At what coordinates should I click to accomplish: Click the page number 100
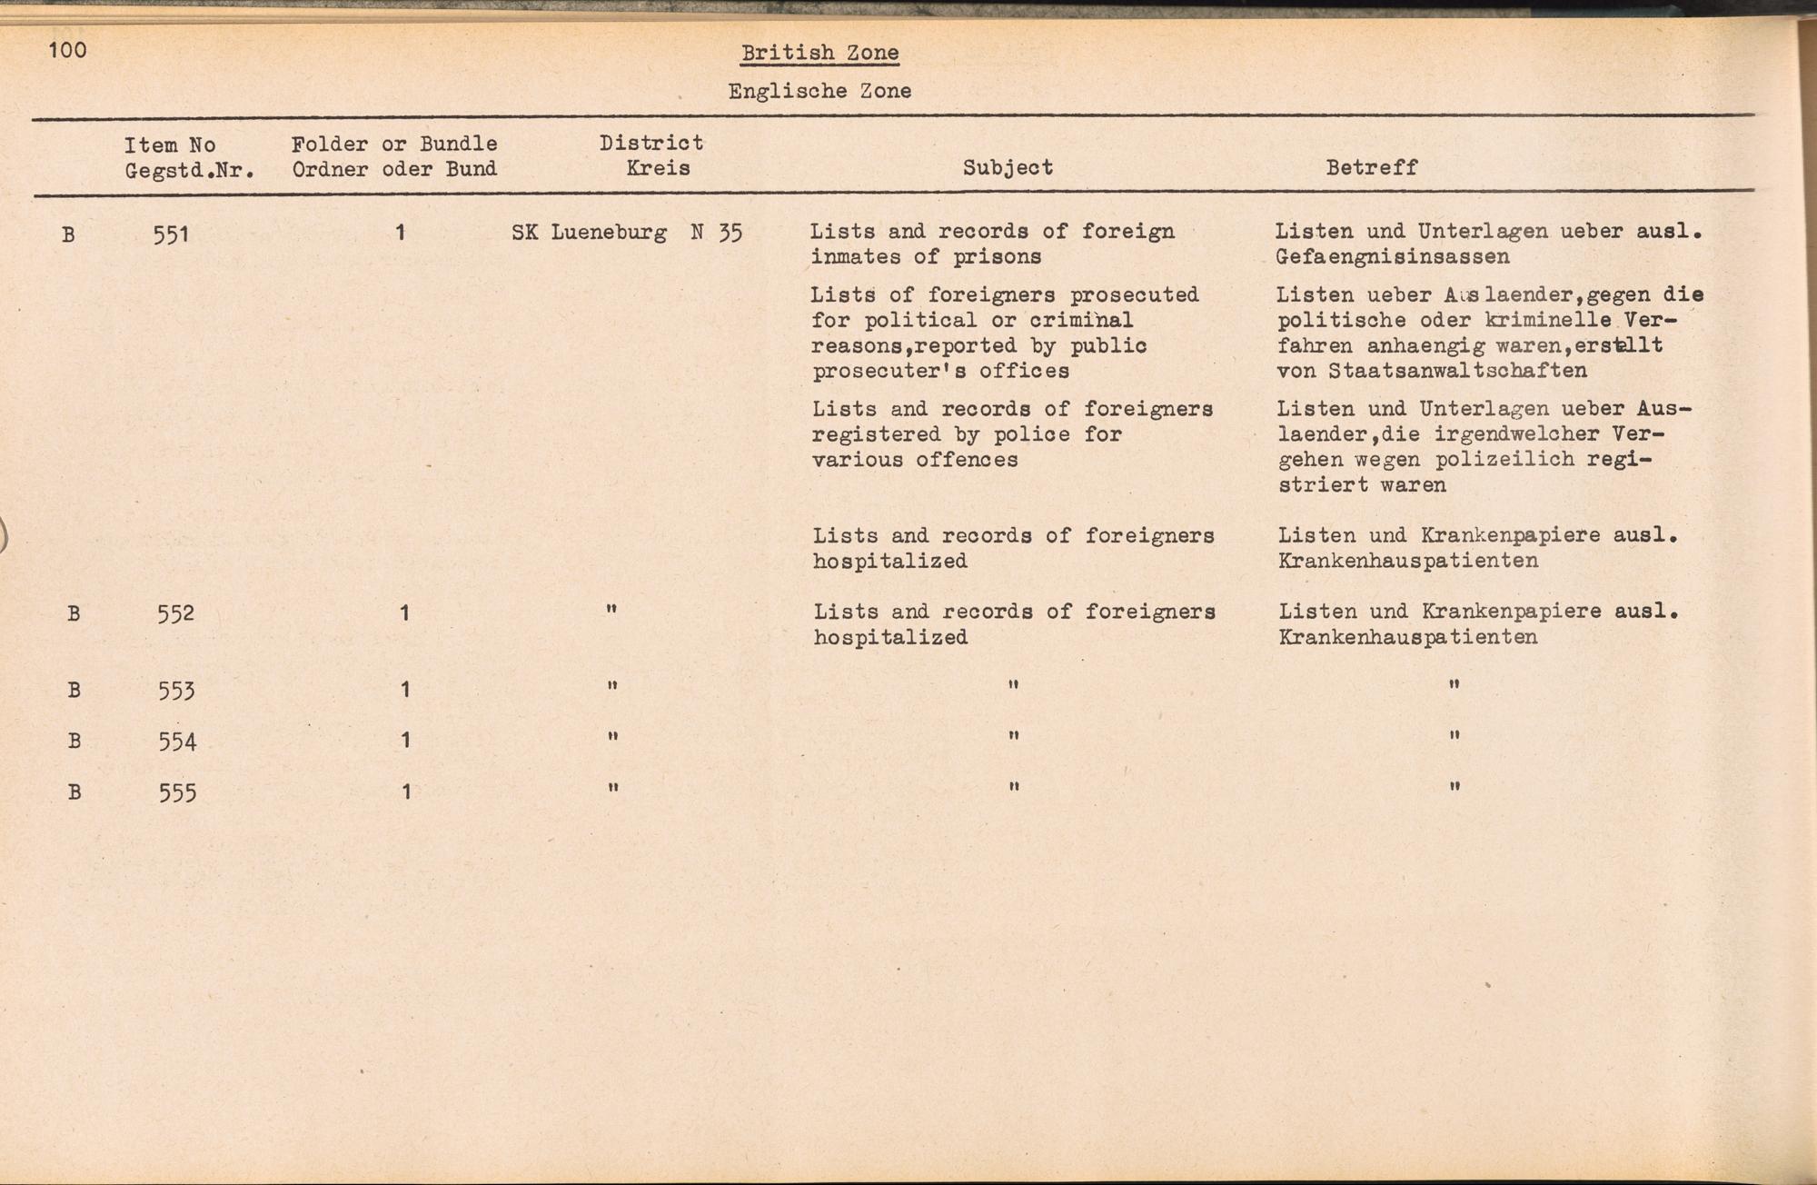(67, 49)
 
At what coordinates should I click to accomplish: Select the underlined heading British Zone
(819, 53)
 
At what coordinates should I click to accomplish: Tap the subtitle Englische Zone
(819, 91)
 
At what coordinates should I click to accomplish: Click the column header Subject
(1008, 168)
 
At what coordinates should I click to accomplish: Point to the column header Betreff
(1371, 168)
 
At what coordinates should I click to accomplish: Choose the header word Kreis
(658, 169)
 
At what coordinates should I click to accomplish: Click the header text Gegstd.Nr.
(189, 170)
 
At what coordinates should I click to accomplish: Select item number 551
(171, 234)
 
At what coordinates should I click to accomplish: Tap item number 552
(175, 613)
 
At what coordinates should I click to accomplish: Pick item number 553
(176, 691)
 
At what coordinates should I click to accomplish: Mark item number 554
(177, 742)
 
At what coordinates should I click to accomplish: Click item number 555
(177, 792)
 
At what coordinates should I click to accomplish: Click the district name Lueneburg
(609, 233)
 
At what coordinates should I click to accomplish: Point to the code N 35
(716, 233)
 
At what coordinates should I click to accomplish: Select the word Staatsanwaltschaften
(1456, 371)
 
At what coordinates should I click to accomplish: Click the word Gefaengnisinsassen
(1392, 257)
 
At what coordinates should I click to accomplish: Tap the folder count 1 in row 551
(400, 233)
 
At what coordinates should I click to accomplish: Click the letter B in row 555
(74, 792)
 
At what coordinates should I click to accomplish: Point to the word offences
(967, 460)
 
